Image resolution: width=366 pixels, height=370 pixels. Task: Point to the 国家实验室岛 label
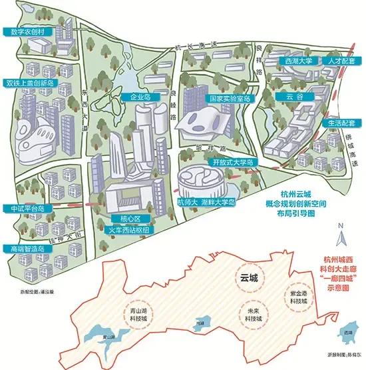(x=230, y=99)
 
